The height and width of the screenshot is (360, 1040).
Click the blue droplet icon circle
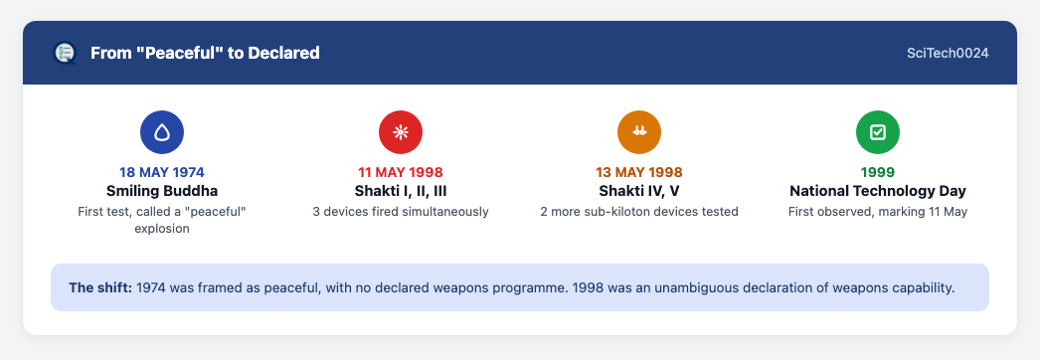pyautogui.click(x=162, y=132)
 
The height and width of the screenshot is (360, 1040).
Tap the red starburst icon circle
pyautogui.click(x=401, y=132)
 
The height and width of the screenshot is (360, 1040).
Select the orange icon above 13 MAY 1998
pyautogui.click(x=639, y=132)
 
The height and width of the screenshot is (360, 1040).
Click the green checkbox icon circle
pyautogui.click(x=878, y=132)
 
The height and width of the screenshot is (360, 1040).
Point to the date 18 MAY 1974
pyautogui.click(x=162, y=172)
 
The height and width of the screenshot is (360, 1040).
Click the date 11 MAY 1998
pyautogui.click(x=401, y=172)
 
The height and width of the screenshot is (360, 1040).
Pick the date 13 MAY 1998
pyautogui.click(x=639, y=172)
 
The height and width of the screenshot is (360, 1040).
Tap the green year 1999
pyautogui.click(x=878, y=172)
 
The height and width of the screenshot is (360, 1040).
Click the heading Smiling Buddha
pyautogui.click(x=162, y=191)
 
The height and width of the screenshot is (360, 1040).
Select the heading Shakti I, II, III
pyautogui.click(x=401, y=191)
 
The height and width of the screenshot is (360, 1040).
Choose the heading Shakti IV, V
pyautogui.click(x=639, y=191)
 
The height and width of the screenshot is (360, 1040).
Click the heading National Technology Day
pyautogui.click(x=878, y=191)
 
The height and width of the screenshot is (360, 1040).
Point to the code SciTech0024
pyautogui.click(x=948, y=53)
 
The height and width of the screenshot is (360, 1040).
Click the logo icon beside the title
pyautogui.click(x=65, y=53)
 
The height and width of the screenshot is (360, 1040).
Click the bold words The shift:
pyautogui.click(x=100, y=288)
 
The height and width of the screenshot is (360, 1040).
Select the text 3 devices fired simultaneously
pyautogui.click(x=401, y=212)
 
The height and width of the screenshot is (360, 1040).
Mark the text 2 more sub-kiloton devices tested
pyautogui.click(x=639, y=212)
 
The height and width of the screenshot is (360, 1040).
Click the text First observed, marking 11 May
pyautogui.click(x=878, y=212)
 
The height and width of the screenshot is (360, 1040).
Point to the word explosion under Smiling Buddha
pyautogui.click(x=162, y=229)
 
